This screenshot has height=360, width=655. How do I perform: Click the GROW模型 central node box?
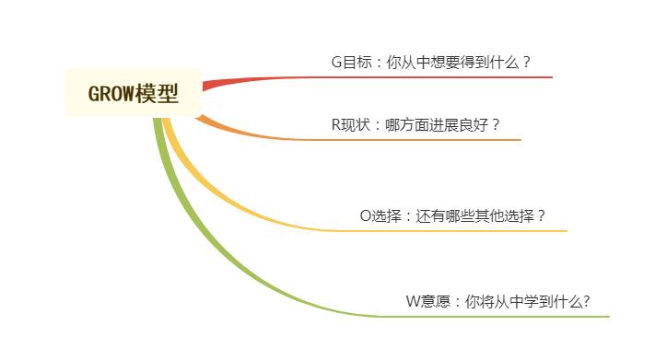tap(135, 92)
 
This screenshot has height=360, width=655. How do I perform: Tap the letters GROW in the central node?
tap(110, 93)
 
